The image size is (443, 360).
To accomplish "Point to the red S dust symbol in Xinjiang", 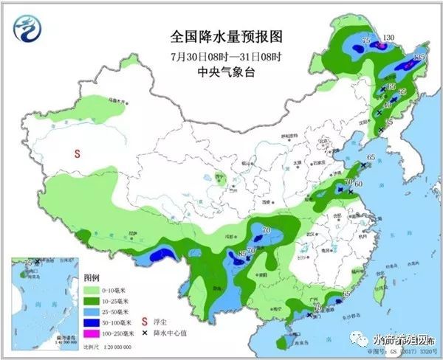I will [76, 154].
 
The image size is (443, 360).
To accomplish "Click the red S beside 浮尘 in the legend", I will [145, 322].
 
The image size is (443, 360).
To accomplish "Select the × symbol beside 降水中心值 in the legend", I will [145, 333].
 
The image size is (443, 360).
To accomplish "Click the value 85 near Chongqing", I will [241, 255].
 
